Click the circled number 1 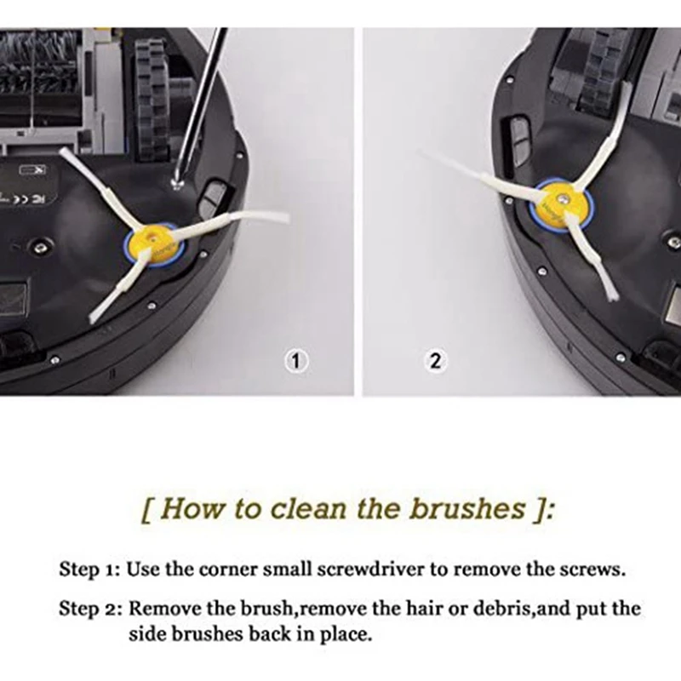click(x=295, y=361)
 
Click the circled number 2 click(x=435, y=361)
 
